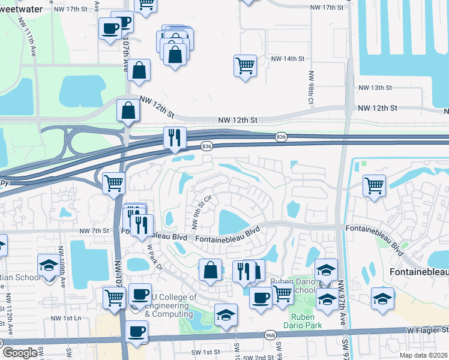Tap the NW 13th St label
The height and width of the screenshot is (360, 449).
tap(375, 88)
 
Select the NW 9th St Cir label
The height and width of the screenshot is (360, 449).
tap(202, 211)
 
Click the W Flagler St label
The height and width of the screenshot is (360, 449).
tap(427, 330)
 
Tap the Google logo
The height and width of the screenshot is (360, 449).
tap(19, 353)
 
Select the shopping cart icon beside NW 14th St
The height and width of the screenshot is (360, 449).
tap(245, 66)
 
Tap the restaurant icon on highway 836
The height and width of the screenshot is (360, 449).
tap(175, 138)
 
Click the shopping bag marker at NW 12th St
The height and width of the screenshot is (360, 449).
tap(128, 111)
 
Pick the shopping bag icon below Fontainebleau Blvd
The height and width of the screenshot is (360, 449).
tap(210, 270)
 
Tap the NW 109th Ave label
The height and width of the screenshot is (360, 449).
tap(62, 262)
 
